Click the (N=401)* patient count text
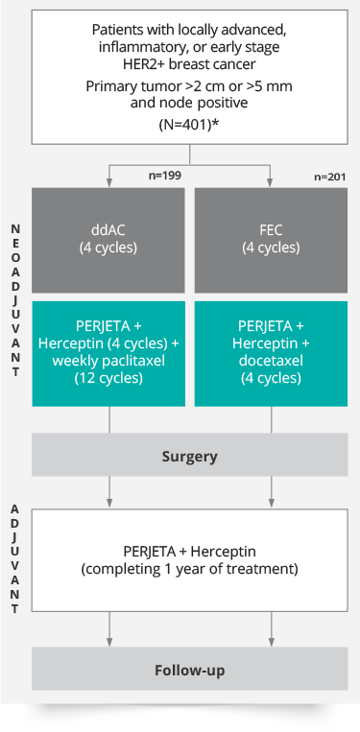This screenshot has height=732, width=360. pos(190,125)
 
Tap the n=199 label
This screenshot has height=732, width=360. pos(163,175)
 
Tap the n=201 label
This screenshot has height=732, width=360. pos(328,177)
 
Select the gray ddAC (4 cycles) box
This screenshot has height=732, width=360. pos(108,240)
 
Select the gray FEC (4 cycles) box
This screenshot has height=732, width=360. pos(271,240)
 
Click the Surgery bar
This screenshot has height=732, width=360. pos(190,457)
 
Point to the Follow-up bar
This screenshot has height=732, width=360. pos(190,670)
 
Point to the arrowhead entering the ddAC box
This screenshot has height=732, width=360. pos(109,183)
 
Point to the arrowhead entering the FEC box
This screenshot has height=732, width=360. pos(271,183)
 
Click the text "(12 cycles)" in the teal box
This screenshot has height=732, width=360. pos(108,378)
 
